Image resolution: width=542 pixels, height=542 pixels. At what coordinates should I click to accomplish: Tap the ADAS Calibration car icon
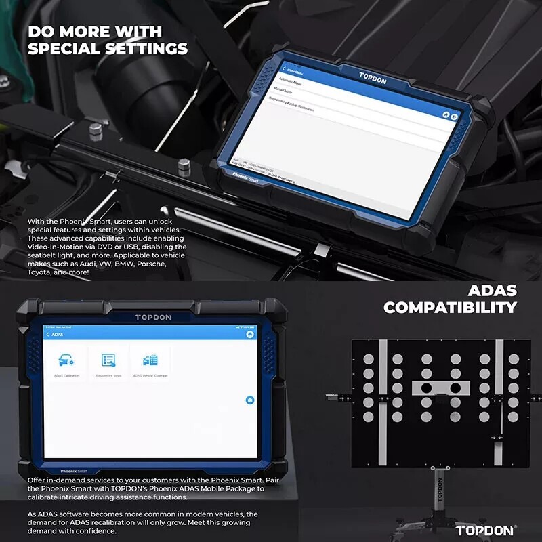click(x=66, y=360)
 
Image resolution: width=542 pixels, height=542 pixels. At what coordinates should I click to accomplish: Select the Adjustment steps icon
click(x=108, y=360)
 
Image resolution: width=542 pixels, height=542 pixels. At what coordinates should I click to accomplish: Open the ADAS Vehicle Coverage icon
click(x=150, y=360)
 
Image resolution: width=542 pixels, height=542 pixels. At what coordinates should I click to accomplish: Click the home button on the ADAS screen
click(x=250, y=334)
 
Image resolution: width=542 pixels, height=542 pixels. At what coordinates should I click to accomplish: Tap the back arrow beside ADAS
click(x=47, y=335)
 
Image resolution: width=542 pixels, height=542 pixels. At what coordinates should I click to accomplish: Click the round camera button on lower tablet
click(x=249, y=400)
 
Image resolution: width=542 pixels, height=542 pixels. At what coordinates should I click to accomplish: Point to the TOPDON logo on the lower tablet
click(x=153, y=317)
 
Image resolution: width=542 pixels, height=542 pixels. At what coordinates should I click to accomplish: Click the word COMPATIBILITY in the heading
click(x=450, y=307)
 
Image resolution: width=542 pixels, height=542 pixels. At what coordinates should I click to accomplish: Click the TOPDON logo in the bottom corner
click(x=484, y=530)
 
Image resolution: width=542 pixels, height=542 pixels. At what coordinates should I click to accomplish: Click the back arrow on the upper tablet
click(x=284, y=70)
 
